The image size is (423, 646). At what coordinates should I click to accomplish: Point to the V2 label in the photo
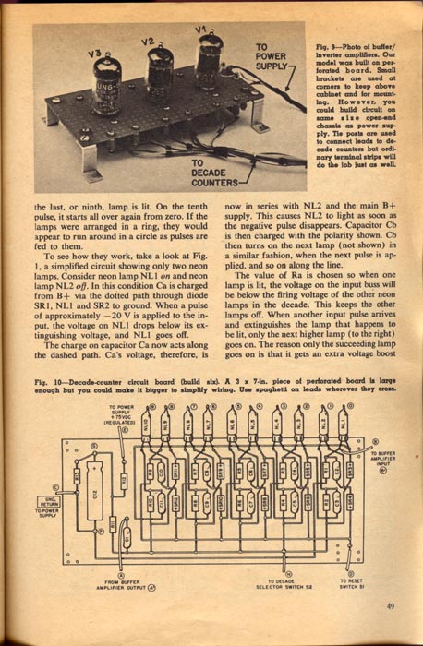[x=148, y=42]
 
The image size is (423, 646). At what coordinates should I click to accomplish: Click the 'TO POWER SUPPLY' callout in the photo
[x=272, y=56]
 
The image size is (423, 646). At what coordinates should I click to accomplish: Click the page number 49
[x=393, y=606]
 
